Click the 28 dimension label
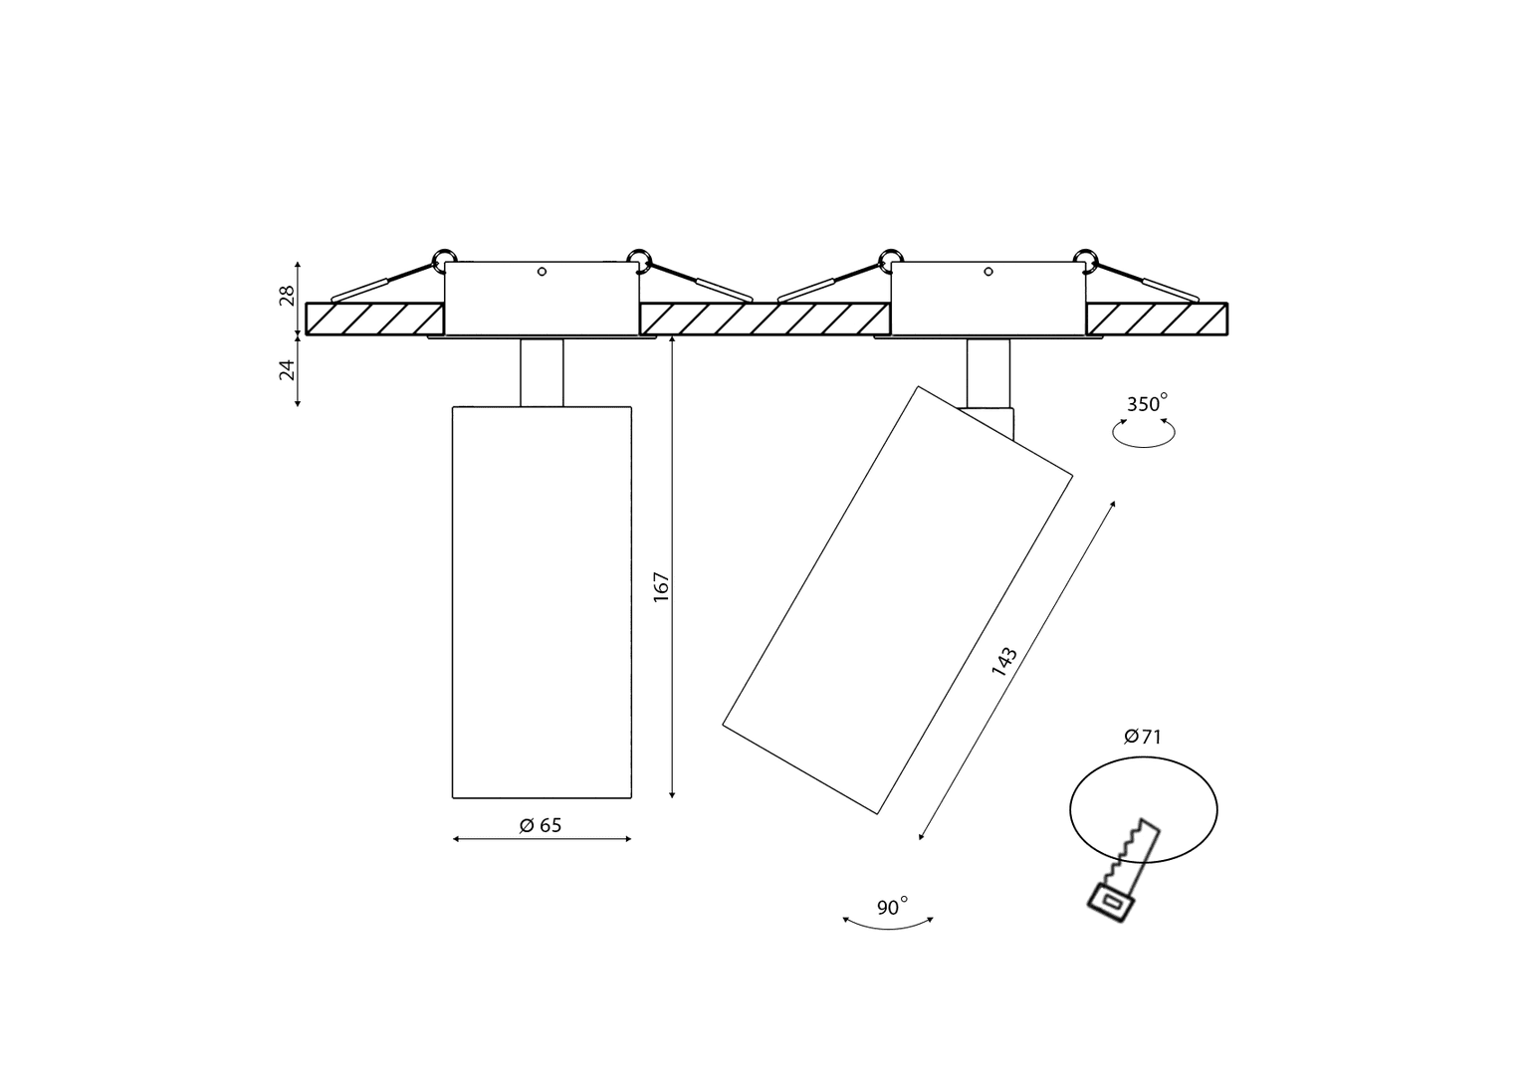point(288,296)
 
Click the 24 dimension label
point(288,369)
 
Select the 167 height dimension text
point(661,587)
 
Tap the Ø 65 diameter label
point(541,825)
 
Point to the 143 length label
point(1003,661)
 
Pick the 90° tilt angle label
point(892,907)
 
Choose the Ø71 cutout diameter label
point(1143,737)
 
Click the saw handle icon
point(1111,904)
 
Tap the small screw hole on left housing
point(542,272)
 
